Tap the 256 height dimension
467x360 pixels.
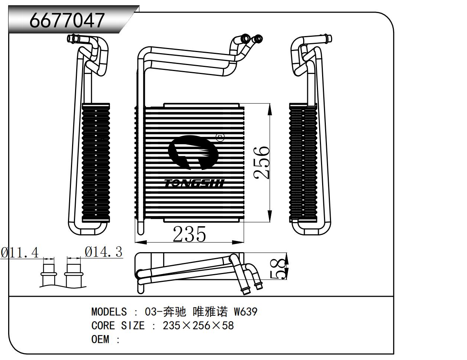coord(262,163)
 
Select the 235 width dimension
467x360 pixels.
coord(189,234)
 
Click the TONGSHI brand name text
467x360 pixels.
coord(194,183)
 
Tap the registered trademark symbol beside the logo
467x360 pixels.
coord(221,138)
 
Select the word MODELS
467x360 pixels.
coord(109,312)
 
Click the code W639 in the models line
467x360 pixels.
coord(245,312)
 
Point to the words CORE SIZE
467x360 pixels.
coord(118,326)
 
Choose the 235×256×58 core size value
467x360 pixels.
coord(198,326)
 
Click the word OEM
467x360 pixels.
coord(100,340)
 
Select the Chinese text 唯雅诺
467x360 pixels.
coord(211,312)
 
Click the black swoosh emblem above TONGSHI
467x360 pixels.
coord(193,152)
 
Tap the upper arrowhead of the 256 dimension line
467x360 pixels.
coord(269,108)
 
